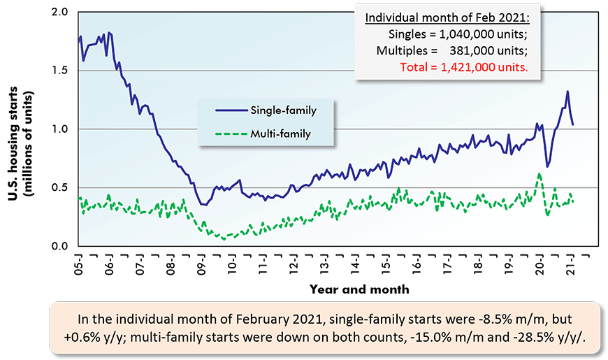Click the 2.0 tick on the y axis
point(59,12)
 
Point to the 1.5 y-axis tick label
point(59,71)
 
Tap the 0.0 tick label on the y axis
point(59,246)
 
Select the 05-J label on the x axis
point(78,264)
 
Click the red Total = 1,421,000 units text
point(463,68)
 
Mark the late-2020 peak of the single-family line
point(567,92)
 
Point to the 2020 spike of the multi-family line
point(540,174)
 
